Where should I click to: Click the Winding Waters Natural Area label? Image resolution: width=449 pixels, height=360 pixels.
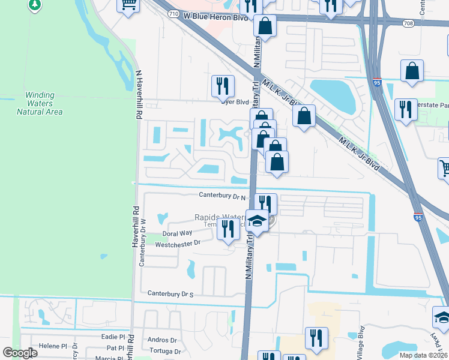40,103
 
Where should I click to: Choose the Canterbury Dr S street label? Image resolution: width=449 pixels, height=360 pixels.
171,293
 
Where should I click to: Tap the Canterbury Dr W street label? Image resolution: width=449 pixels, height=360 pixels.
142,246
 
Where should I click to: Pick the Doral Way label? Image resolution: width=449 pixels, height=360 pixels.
177,233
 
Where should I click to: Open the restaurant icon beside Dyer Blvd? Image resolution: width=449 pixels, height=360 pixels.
223,86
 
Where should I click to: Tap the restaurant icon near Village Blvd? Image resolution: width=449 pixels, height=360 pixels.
315,338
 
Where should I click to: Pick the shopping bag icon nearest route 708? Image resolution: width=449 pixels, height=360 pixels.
412,71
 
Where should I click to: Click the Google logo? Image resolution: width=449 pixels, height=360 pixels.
20,353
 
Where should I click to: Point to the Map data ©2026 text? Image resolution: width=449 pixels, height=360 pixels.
423,355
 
